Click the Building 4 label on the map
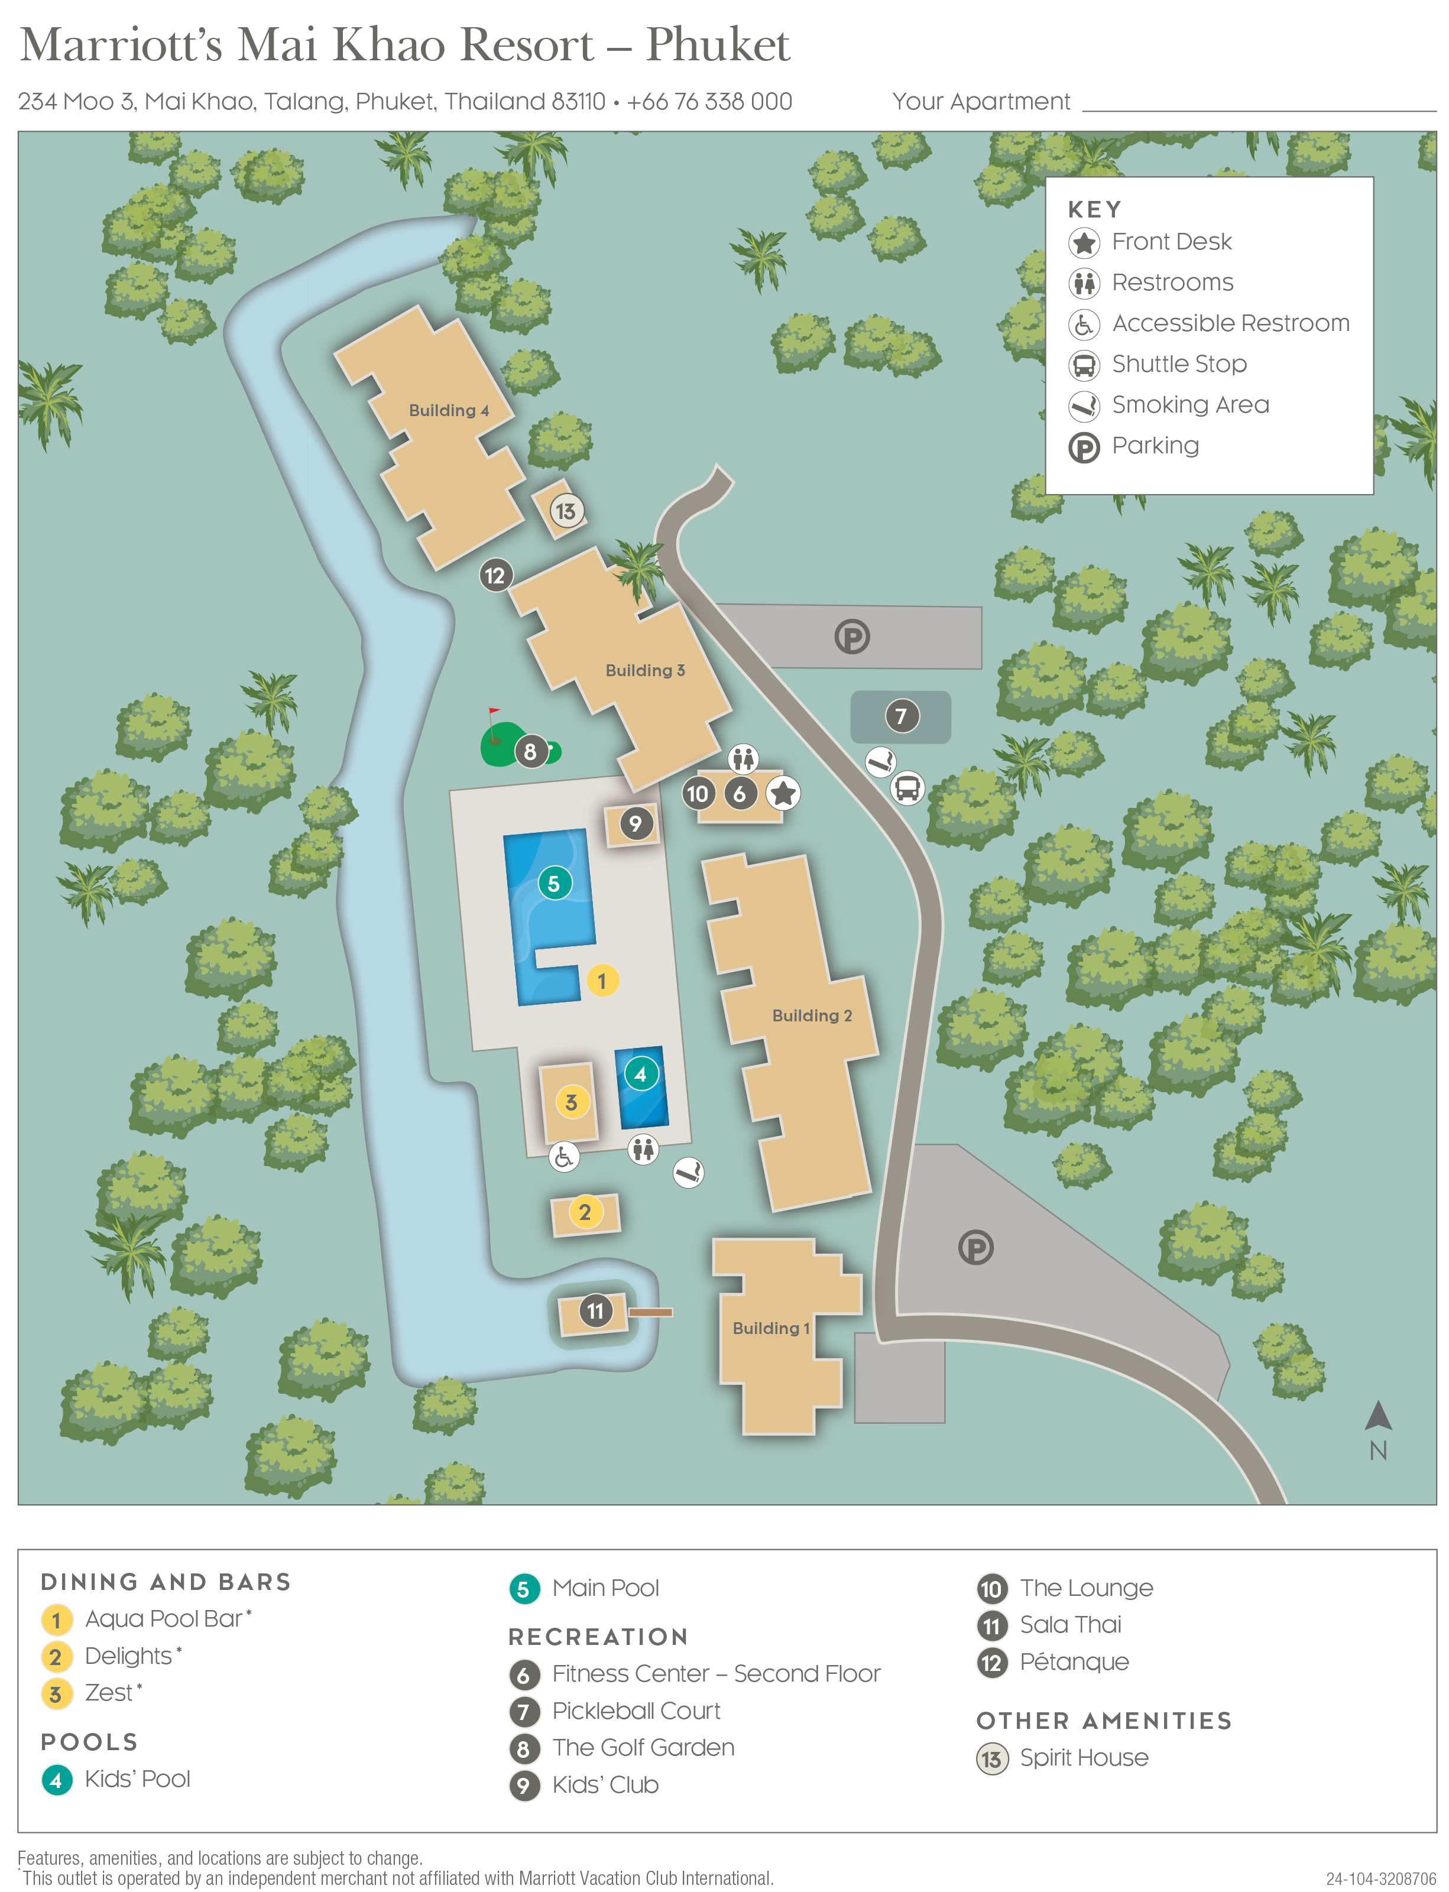[449, 410]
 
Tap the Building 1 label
[771, 1328]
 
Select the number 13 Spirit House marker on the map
[566, 511]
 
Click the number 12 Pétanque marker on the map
[495, 575]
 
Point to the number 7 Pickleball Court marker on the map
[902, 716]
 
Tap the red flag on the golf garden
[494, 712]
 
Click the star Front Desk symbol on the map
[783, 793]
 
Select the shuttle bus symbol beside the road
[907, 787]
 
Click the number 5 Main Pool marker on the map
[554, 883]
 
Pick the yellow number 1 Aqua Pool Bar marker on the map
[602, 981]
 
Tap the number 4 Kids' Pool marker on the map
[640, 1075]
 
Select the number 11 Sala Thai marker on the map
[595, 1312]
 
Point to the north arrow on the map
[1377, 1417]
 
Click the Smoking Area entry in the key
[1189, 404]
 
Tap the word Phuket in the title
[718, 45]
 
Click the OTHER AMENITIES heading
[1103, 1721]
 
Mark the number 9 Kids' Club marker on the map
[635, 823]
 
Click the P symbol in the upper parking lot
[852, 637]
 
